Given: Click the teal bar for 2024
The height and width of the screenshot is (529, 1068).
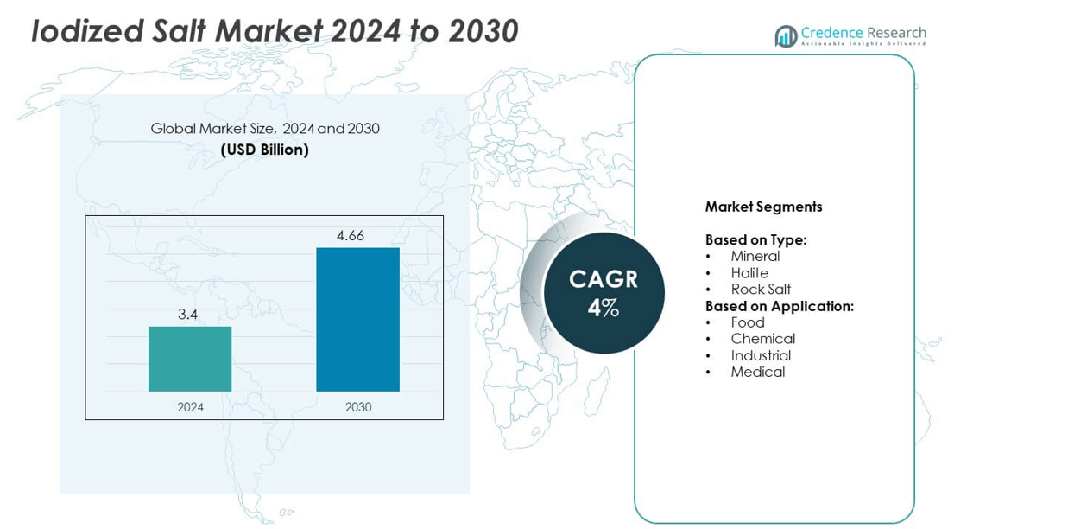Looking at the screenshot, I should (190, 359).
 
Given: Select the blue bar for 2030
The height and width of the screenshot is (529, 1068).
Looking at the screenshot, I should (357, 319).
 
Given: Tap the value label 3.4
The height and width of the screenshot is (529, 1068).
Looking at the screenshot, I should (188, 315).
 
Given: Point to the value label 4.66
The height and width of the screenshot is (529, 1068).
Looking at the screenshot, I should (351, 235).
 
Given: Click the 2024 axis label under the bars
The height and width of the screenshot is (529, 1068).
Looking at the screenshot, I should (190, 406).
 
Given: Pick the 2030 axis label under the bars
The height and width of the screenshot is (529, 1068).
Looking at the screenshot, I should (358, 406).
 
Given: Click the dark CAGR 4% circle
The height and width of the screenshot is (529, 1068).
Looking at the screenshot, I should (604, 293).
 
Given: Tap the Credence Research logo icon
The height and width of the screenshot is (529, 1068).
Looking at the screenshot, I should (786, 35).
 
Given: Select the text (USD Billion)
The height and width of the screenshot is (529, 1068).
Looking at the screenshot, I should (264, 150).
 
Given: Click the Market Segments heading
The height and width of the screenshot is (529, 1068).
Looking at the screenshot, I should (763, 207).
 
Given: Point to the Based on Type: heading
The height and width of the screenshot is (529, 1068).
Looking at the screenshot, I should (755, 239).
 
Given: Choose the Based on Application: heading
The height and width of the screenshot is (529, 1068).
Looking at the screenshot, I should (779, 306).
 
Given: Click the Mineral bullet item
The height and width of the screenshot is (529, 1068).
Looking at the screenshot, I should (755, 256).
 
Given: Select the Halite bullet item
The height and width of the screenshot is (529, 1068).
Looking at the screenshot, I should (749, 273).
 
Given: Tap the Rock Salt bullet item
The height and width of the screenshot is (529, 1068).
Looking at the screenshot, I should (761, 290).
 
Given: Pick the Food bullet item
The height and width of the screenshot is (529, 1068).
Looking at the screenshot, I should (748, 322).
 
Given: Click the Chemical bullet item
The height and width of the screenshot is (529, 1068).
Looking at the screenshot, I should (762, 339).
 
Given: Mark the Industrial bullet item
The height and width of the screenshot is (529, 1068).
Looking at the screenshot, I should (761, 355).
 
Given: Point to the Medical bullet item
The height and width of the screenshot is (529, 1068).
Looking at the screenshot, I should (757, 372).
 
